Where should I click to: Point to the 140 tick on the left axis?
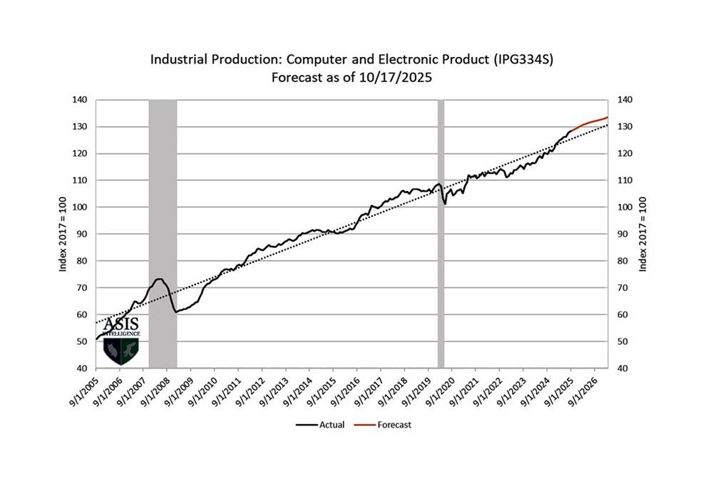(79, 100)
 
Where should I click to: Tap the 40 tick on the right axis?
(624, 368)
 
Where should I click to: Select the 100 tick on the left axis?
(79, 207)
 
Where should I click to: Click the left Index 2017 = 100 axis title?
(63, 234)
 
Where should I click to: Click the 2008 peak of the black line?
(158, 279)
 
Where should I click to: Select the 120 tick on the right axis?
(625, 154)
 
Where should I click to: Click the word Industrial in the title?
(178, 59)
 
